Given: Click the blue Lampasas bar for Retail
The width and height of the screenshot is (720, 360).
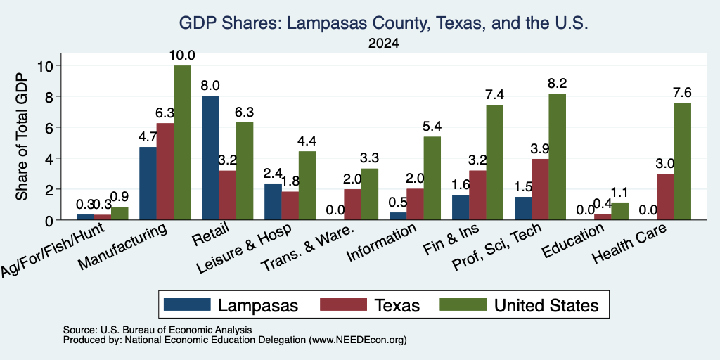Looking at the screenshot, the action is point(211,157).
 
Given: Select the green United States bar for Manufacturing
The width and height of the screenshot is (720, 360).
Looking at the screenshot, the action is point(182,142).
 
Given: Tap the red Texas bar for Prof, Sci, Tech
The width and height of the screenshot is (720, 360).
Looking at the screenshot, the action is point(540,189).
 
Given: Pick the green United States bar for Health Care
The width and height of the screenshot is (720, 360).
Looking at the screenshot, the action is point(682,161).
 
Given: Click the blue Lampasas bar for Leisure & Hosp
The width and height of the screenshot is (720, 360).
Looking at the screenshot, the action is point(274,202).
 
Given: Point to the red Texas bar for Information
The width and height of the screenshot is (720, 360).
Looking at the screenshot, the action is point(415,205).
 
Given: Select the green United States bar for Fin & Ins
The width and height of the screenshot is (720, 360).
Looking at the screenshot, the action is point(495,162).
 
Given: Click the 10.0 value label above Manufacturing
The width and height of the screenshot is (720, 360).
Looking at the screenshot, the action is point(182,56).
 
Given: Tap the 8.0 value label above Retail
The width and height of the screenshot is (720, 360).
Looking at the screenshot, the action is point(210,86).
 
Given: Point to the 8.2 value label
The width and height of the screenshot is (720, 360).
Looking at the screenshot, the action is point(558,84).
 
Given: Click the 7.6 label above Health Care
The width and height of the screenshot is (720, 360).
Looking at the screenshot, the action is point(682,93).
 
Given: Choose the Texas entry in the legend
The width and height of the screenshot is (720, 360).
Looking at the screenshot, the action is point(370,305).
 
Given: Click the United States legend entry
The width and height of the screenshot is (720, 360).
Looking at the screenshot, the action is point(520,305).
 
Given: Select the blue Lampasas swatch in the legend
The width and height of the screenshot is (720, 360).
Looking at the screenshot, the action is point(187,304).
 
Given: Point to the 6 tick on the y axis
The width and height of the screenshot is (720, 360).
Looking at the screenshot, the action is point(48,127).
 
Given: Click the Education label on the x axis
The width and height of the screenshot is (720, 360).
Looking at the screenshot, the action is point(573,242).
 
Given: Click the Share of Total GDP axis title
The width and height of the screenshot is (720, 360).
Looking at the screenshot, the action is point(22,136).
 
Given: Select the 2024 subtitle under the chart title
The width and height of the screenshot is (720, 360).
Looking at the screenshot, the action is point(383,44).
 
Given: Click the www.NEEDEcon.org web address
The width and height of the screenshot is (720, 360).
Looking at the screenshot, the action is point(358,340).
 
